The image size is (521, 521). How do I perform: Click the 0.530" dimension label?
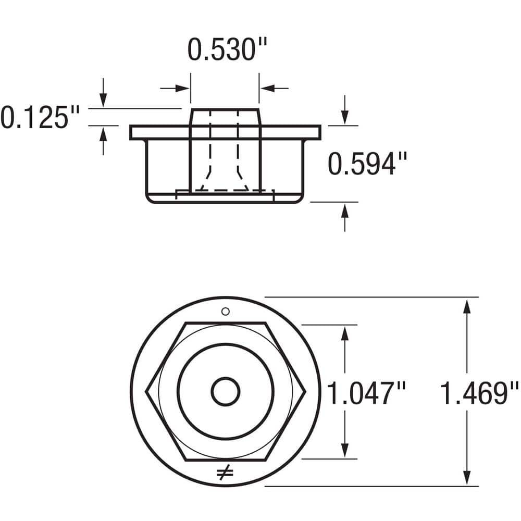[x=227, y=49]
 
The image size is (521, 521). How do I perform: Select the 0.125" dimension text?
[x=40, y=117]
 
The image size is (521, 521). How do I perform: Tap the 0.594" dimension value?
[x=367, y=164]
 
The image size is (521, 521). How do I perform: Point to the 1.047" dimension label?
[x=366, y=393]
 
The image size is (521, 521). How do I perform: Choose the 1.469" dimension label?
[x=479, y=393]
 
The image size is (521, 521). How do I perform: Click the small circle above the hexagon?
[x=225, y=312]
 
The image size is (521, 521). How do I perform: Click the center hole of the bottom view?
[x=225, y=391]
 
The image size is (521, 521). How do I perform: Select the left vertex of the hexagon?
[x=146, y=391]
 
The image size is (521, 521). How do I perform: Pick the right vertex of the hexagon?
[x=305, y=391]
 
